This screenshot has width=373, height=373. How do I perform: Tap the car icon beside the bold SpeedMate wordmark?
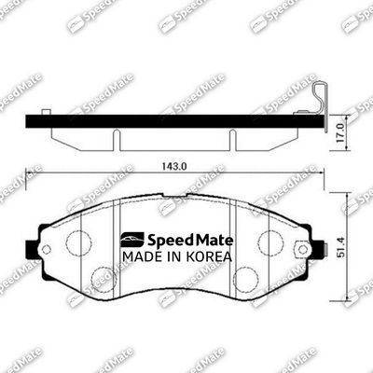tap(127, 240)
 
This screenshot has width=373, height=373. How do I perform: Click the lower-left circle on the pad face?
tap(103, 277)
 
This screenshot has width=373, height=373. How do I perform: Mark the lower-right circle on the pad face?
tap(246, 277)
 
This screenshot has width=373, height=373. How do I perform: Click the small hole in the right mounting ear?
tap(301, 249)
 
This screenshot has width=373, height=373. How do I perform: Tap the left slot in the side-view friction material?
tap(117, 138)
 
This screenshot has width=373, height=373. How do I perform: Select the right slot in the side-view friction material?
tap(232, 138)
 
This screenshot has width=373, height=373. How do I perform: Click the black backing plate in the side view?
tap(168, 121)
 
